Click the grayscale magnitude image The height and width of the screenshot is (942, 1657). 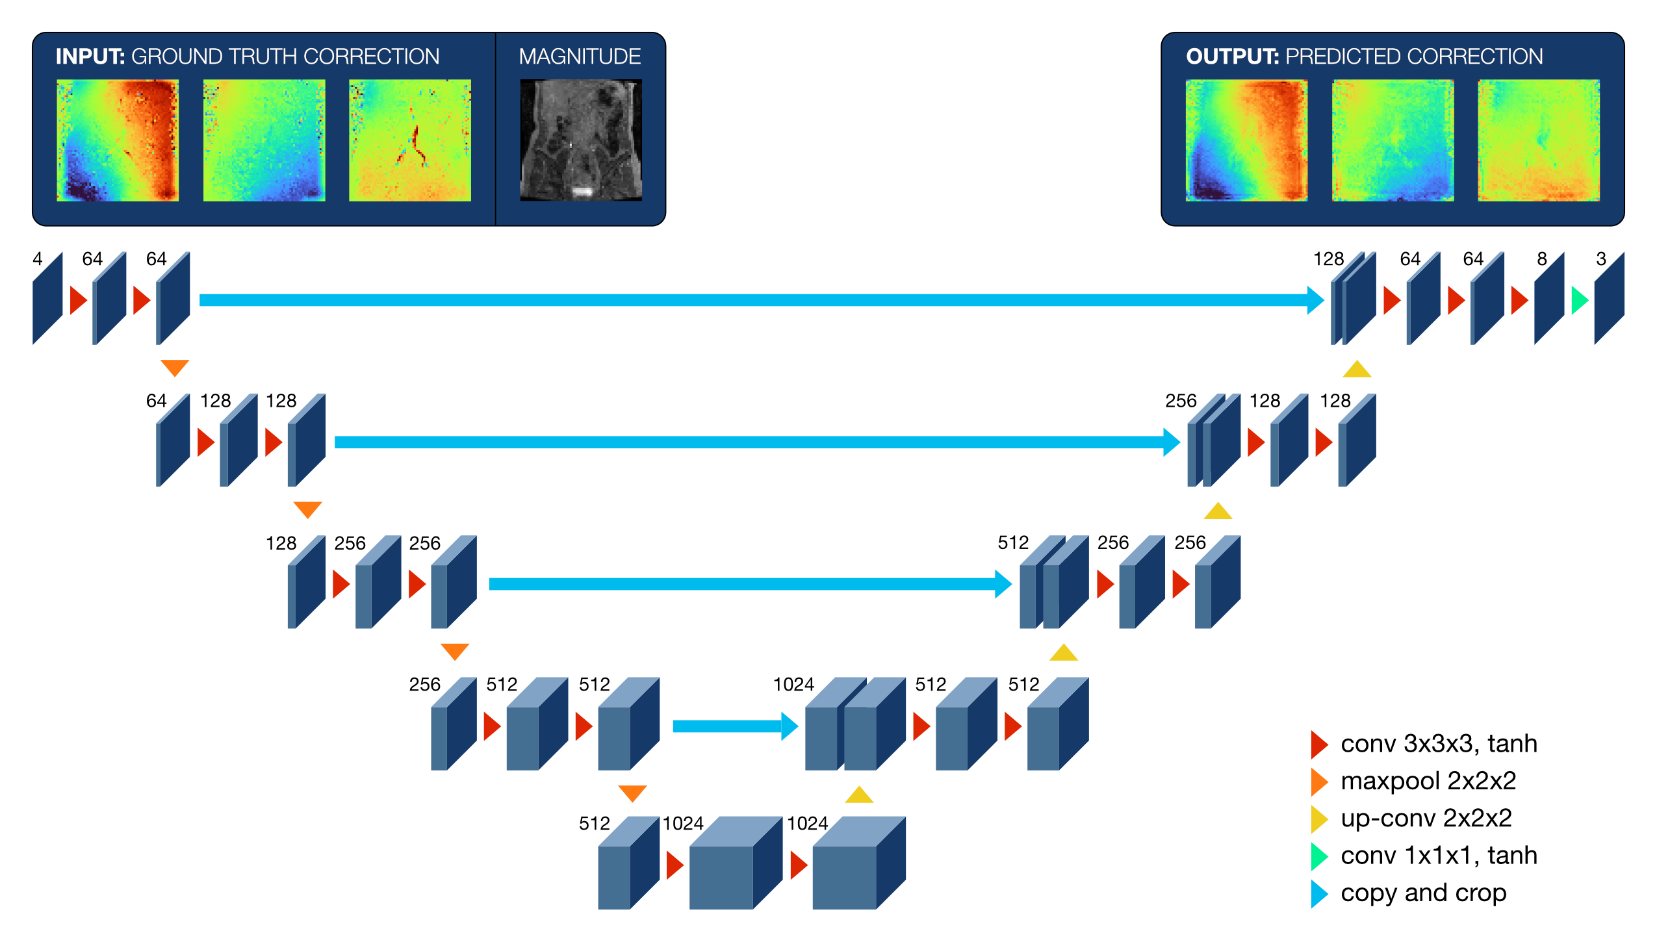[580, 140]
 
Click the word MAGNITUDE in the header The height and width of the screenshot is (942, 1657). [580, 57]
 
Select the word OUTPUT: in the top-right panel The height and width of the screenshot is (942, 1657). [1232, 57]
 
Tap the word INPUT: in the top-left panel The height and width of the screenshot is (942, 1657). [90, 57]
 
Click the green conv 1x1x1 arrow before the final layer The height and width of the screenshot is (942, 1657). [1579, 300]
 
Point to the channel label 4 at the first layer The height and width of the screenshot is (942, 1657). [38, 259]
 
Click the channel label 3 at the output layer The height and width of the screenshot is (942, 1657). [1601, 259]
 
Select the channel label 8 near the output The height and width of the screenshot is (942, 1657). [1542, 259]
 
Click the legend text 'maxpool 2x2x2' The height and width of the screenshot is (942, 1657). [1428, 781]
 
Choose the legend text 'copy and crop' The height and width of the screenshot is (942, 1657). [1423, 893]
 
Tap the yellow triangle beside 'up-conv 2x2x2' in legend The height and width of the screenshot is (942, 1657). [1319, 819]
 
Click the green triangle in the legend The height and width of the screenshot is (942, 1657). [1319, 856]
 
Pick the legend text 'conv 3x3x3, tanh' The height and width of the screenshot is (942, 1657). [1439, 744]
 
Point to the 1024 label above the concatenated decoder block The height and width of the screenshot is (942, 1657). [793, 684]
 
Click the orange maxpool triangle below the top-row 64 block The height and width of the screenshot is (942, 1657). [175, 367]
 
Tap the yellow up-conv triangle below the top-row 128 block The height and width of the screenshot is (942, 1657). [1357, 370]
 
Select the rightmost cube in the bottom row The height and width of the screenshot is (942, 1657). [858, 864]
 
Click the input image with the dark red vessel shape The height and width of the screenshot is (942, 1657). [409, 140]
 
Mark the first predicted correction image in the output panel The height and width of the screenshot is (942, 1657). [1246, 140]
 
